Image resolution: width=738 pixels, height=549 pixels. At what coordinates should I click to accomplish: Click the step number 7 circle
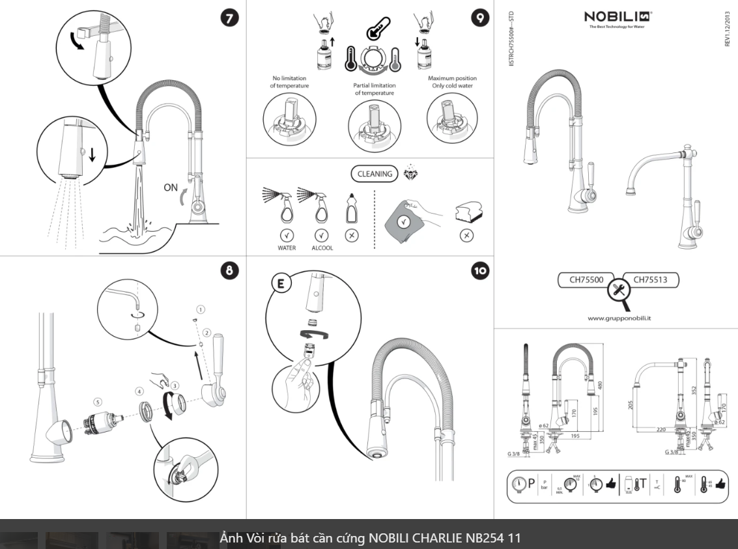tap(229, 18)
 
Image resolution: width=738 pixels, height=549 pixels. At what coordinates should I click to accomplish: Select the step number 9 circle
tap(479, 18)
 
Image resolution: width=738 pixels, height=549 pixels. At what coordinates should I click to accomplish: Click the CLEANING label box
tap(375, 174)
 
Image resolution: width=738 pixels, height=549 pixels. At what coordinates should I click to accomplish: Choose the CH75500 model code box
tap(586, 280)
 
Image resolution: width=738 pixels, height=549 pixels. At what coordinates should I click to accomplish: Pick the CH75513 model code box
tap(651, 280)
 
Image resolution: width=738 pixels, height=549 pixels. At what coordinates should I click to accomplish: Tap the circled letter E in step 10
tap(277, 284)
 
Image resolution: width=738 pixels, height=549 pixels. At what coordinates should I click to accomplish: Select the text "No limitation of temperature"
tap(290, 82)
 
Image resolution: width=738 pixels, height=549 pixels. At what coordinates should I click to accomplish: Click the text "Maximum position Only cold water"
tap(452, 82)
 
